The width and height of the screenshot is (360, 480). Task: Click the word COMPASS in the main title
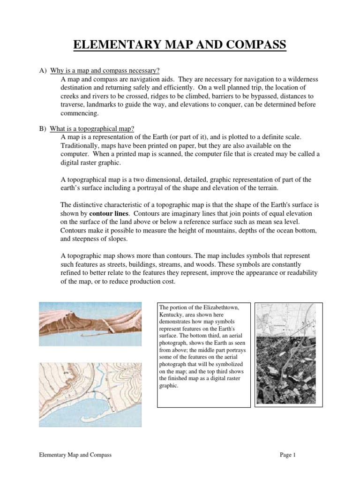click(257, 45)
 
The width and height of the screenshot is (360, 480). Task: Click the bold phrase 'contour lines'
click(108, 213)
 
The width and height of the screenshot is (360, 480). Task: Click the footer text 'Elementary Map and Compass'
click(75, 455)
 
